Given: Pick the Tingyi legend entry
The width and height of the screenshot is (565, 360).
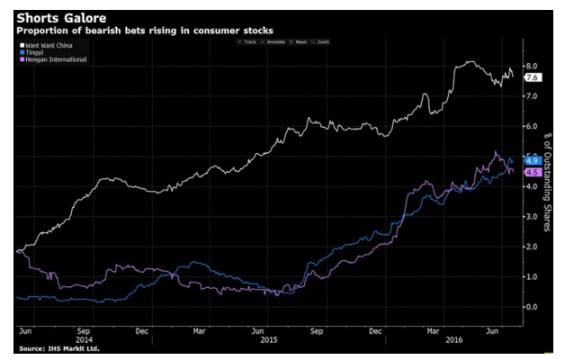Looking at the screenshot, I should tap(37, 51).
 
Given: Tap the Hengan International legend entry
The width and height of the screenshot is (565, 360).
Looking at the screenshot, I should tap(56, 59).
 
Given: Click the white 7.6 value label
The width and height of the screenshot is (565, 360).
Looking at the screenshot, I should tap(532, 78).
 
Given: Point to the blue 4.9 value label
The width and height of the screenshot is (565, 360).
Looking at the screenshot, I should tap(532, 160).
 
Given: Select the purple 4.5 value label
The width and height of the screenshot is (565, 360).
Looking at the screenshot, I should tap(532, 172).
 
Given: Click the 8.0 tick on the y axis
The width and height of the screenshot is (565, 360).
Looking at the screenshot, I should tap(532, 67).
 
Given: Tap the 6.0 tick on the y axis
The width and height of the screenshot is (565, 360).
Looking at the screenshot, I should tap(532, 127).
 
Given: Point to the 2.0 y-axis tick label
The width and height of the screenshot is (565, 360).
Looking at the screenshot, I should tap(532, 247).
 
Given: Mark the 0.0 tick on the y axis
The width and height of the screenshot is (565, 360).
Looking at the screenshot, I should tap(532, 307).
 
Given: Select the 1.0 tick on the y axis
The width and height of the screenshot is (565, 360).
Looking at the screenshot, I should tap(532, 277).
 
